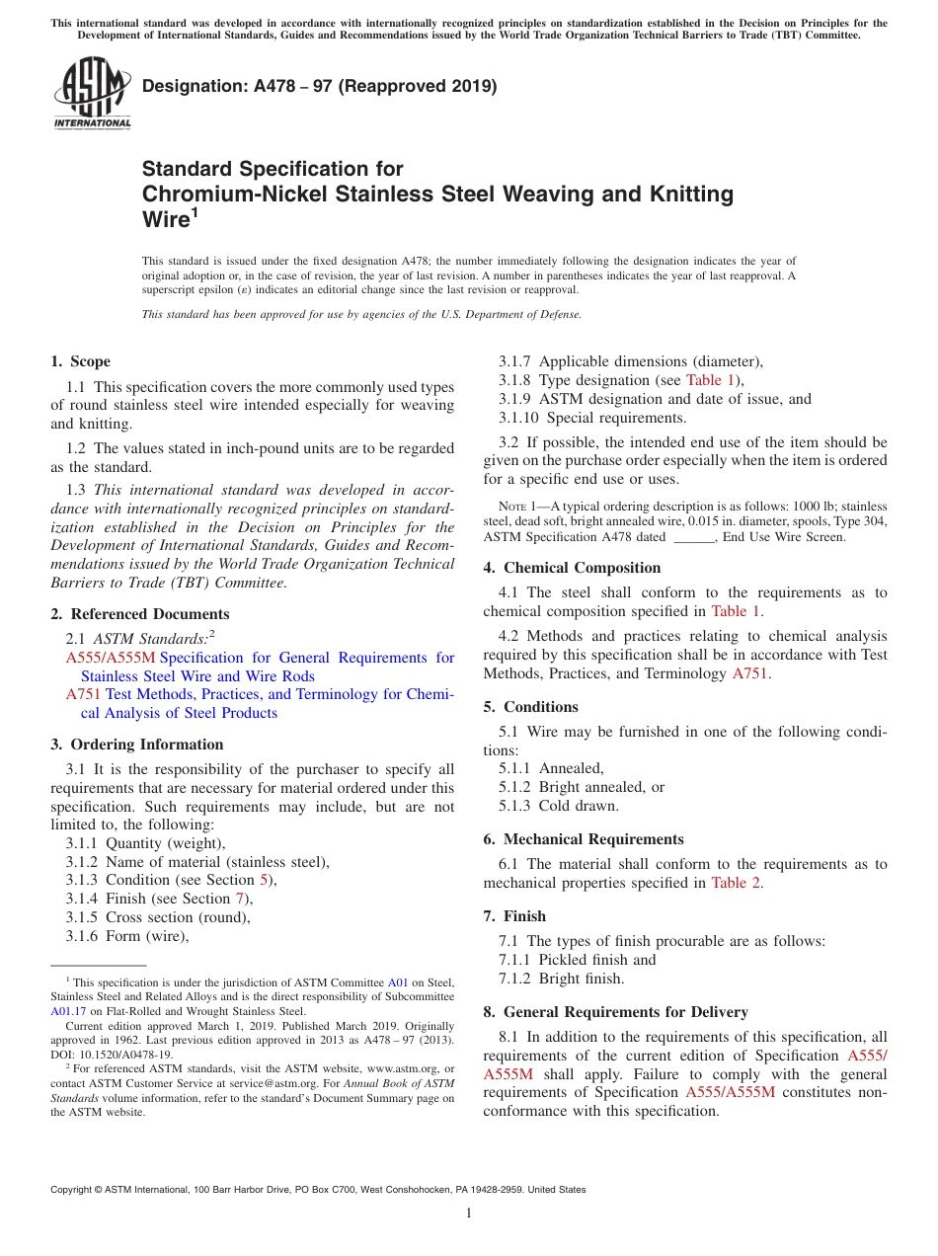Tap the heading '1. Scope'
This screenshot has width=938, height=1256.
(x=81, y=361)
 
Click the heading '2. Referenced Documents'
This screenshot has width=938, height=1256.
(x=139, y=614)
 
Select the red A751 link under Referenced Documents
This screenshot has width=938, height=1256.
(x=83, y=694)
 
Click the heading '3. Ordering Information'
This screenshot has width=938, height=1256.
(x=137, y=745)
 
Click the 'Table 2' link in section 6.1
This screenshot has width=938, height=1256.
(x=736, y=883)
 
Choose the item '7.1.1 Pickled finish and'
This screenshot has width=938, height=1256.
(x=578, y=960)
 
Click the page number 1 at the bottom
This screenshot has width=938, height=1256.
(x=469, y=1214)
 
